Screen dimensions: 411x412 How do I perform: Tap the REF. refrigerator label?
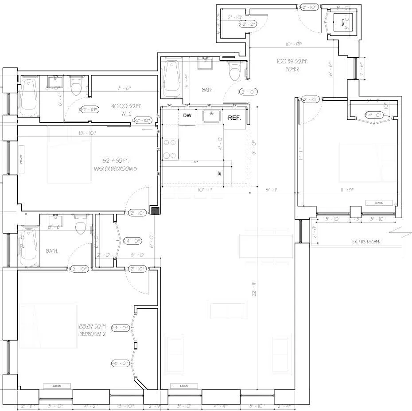click(x=234, y=117)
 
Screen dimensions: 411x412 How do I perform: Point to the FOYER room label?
click(x=292, y=70)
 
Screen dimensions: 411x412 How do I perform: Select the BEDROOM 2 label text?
click(x=92, y=334)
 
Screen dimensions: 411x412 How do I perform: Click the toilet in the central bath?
click(x=234, y=71)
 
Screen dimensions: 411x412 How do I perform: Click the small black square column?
click(x=155, y=211)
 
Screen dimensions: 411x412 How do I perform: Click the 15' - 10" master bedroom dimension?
click(x=87, y=133)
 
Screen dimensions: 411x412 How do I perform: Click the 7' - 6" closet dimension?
click(x=124, y=88)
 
